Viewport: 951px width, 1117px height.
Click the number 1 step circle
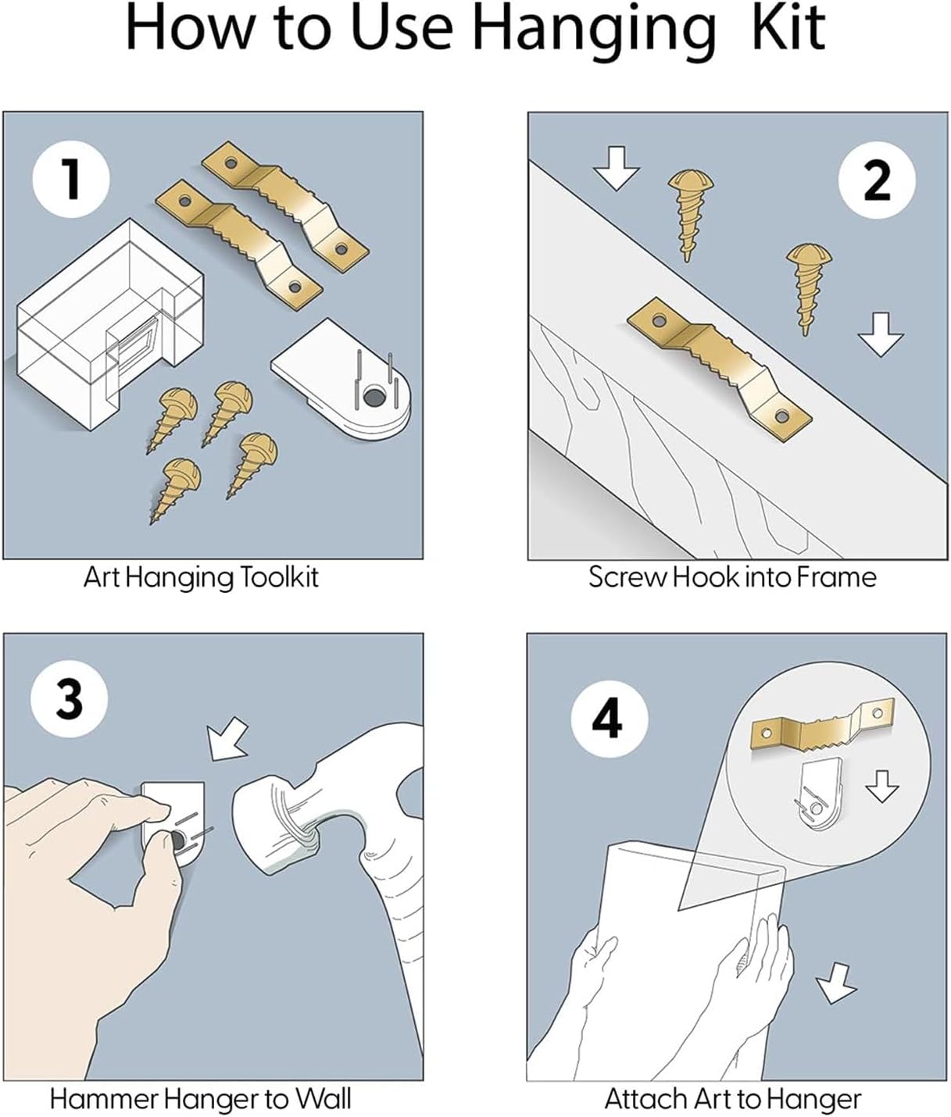click(x=71, y=178)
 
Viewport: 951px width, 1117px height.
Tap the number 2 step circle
click(x=876, y=180)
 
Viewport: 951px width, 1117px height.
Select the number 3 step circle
click(x=70, y=698)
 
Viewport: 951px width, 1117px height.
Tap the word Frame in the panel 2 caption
click(x=837, y=578)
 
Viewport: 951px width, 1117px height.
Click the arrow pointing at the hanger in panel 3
click(x=227, y=739)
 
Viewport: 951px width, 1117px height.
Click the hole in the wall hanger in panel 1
click(x=374, y=398)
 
